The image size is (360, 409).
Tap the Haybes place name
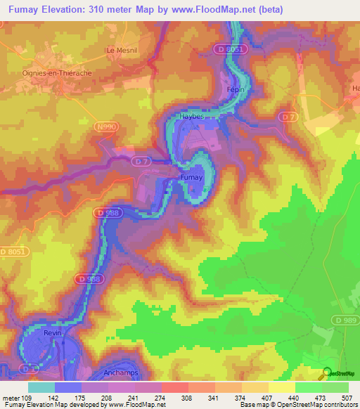[x=192, y=117]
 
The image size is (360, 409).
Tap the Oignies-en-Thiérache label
[x=58, y=71]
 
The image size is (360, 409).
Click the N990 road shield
[x=108, y=126]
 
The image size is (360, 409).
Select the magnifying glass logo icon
[x=326, y=373]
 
